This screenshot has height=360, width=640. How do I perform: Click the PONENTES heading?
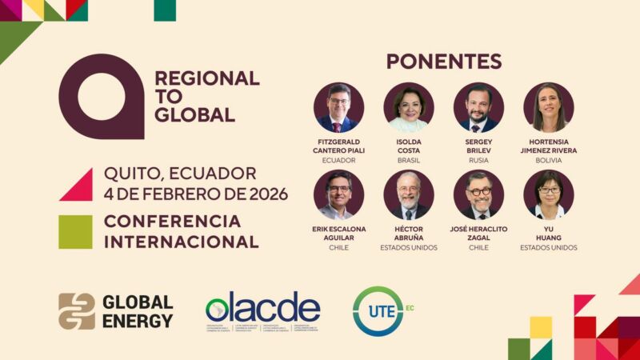pos(444,62)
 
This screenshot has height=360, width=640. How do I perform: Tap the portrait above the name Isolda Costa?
pos(409,107)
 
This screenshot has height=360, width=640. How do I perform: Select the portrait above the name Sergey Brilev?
pos(478,107)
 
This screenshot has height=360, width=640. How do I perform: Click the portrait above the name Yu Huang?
pos(549,194)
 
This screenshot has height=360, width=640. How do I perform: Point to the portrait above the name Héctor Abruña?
pos(409,194)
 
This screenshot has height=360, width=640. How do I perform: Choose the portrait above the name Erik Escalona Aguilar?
pos(338,194)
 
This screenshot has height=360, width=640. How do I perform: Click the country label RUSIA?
pos(478,160)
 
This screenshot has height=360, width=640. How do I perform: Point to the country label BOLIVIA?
pos(549,160)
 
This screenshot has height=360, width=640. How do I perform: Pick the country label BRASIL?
pos(409,160)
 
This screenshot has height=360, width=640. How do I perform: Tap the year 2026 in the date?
pos(265,194)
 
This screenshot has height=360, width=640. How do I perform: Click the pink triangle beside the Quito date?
pos(78,185)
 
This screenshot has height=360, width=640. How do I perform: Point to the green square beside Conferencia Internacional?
pos(75,232)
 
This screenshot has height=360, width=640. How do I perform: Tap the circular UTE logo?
pos(378,310)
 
